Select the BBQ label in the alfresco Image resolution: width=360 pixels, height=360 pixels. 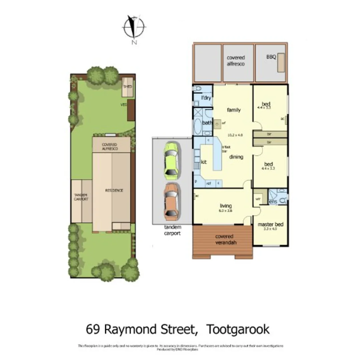coord(271,57)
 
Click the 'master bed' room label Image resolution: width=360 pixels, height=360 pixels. coord(270,224)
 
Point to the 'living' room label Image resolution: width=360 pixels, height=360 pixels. coord(225,206)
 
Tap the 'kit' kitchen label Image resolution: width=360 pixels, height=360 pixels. coord(204,162)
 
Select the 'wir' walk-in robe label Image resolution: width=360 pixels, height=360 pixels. coord(258,199)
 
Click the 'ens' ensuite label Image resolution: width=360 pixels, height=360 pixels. coord(273,202)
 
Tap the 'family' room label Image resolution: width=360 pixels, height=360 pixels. coord(234,110)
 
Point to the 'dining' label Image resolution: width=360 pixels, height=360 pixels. coord(236,157)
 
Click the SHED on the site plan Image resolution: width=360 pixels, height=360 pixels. coord(128,87)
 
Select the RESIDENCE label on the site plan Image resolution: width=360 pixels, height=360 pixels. coord(114,190)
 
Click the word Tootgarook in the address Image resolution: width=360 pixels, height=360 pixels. coord(238,329)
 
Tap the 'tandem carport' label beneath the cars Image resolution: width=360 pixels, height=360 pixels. coord(172,230)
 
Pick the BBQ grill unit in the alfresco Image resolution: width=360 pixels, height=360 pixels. coord(281,62)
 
